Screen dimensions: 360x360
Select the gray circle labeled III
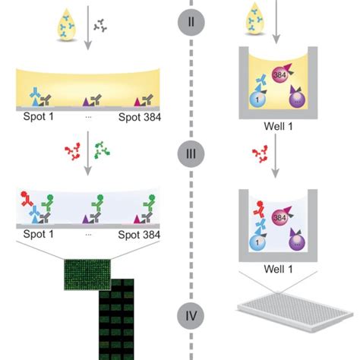point(191,155)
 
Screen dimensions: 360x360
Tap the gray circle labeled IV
point(191,315)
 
